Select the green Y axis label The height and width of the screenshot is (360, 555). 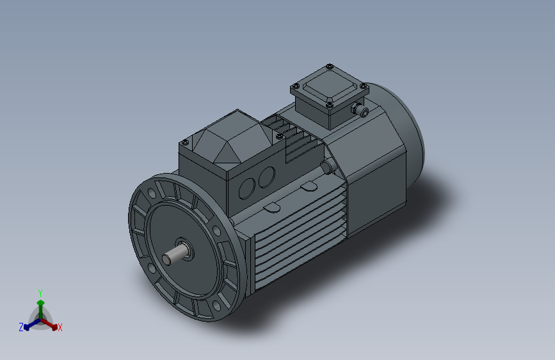coord(40,292)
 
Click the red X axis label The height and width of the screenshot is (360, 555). coord(60,328)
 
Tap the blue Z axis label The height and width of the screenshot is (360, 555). coord(21,327)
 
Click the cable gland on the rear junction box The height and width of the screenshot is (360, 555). coord(362,111)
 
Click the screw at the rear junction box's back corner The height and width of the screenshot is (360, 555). coord(329,66)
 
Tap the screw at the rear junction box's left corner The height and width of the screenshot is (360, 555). coord(295,86)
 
